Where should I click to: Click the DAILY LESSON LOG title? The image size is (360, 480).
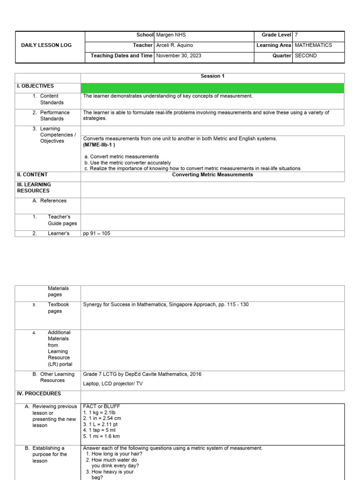46,45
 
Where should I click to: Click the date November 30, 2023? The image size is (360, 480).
179,56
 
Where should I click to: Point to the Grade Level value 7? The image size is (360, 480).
296,35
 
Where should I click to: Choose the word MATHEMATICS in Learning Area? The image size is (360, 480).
313,45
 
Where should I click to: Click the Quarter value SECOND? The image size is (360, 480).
306,56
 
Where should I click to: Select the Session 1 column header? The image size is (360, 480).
212,76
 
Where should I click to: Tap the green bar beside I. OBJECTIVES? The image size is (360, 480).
212,88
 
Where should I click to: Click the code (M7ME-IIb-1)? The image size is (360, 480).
99,145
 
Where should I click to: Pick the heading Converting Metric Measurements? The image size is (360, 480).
212,175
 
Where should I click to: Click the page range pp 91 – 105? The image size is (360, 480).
97,233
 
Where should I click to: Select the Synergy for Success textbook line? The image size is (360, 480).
166,305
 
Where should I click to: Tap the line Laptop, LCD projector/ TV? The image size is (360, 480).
113,383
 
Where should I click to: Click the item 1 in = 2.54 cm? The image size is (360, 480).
102,419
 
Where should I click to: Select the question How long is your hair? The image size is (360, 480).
114,454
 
